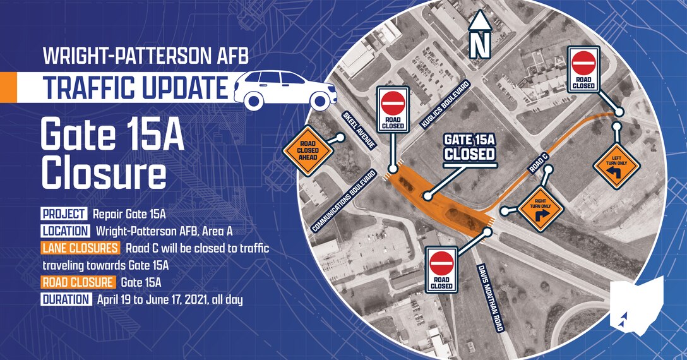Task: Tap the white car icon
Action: coord(285,89)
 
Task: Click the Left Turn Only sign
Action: coord(616,166)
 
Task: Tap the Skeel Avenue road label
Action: coord(360,129)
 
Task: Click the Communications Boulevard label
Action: coord(344,200)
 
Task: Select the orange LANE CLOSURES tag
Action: coord(80,248)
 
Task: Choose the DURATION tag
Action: coord(66,299)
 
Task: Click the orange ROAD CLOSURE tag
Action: coord(78,282)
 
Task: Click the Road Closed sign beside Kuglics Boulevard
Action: coord(393,109)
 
